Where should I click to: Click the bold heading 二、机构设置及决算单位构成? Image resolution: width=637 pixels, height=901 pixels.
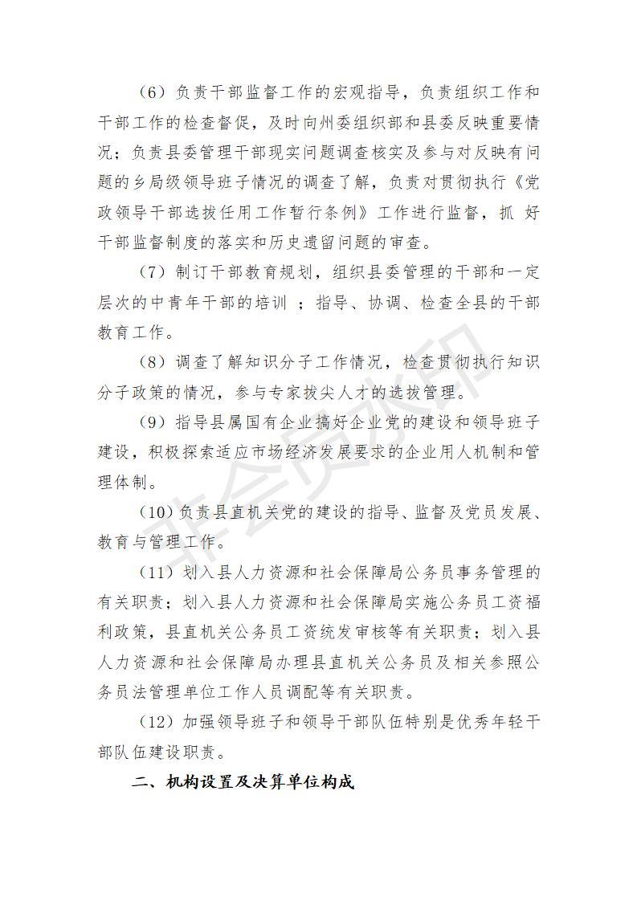click(243, 782)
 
